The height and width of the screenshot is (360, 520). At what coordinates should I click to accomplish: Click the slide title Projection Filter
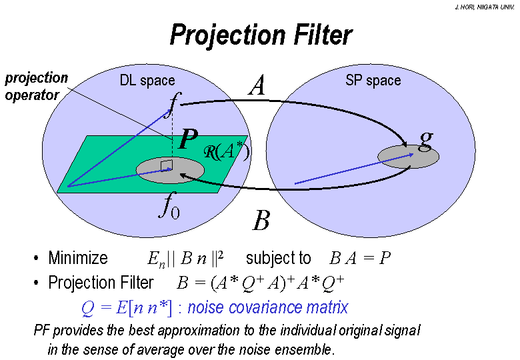click(x=261, y=35)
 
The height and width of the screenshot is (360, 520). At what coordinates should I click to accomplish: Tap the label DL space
click(x=147, y=81)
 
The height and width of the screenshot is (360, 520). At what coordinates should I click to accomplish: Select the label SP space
click(x=373, y=80)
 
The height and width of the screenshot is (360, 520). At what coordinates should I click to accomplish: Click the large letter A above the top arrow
click(x=257, y=85)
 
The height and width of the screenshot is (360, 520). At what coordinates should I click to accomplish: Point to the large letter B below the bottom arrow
click(x=261, y=221)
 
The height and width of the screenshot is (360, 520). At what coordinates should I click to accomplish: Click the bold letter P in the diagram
click(x=188, y=139)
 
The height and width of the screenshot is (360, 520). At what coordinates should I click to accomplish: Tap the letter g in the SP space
click(x=426, y=139)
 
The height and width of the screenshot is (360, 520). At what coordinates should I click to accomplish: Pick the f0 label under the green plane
click(x=169, y=205)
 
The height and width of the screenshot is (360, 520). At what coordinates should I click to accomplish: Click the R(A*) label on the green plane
click(x=226, y=152)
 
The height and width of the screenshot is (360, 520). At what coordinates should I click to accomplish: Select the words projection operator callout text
click(x=36, y=87)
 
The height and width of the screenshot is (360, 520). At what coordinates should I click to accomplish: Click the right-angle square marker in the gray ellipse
click(x=167, y=165)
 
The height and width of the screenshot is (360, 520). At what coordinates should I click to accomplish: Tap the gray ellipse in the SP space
click(x=409, y=157)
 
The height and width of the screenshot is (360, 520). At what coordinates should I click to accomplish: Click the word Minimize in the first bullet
click(x=78, y=258)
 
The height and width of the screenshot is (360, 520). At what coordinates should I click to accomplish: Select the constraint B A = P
click(x=360, y=257)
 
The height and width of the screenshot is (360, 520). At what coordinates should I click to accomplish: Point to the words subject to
click(x=278, y=258)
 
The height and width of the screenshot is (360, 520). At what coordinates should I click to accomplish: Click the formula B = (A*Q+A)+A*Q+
click(x=260, y=283)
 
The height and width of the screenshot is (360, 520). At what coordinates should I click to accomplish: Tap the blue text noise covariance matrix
click(x=268, y=307)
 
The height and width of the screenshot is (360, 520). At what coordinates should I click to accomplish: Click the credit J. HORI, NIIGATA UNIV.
click(x=485, y=7)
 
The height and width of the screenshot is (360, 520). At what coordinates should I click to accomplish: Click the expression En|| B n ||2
click(x=185, y=259)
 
